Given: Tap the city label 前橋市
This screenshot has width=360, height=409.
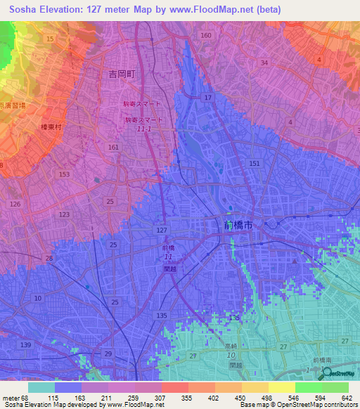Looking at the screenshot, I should (232, 225).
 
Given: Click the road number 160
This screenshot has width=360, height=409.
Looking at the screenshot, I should (205, 35).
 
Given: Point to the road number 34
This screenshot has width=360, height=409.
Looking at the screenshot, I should (264, 63).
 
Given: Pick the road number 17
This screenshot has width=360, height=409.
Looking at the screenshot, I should (207, 97).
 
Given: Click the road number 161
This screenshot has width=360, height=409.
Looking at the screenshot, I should (114, 148).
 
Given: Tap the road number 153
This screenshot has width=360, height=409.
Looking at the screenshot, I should (65, 174).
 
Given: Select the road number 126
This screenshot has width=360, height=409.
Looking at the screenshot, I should (16, 204).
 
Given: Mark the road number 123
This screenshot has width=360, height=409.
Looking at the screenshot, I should (65, 214).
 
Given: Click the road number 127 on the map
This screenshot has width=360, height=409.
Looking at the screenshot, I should (162, 231).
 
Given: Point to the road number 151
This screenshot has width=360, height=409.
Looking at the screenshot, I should (254, 163).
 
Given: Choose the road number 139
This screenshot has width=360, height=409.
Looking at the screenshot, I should (26, 344).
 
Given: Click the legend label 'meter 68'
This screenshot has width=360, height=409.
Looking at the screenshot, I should (16, 397).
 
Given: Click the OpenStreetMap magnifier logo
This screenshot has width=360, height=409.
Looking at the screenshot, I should (326, 374).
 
